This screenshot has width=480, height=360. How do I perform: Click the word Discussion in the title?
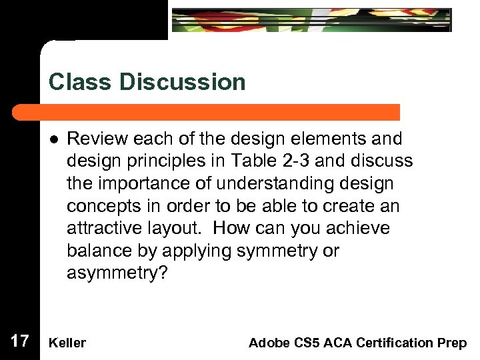click(183, 82)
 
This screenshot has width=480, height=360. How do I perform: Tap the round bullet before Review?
click(53, 139)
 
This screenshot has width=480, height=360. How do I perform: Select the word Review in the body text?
click(97, 139)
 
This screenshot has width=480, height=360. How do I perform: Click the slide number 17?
click(20, 342)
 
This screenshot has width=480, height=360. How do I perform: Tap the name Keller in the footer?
click(67, 343)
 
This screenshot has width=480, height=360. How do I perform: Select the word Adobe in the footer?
click(267, 343)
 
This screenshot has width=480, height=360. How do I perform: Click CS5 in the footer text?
click(303, 343)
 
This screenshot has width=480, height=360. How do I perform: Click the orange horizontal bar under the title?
click(220, 111)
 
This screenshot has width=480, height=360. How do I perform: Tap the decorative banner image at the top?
click(311, 20)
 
